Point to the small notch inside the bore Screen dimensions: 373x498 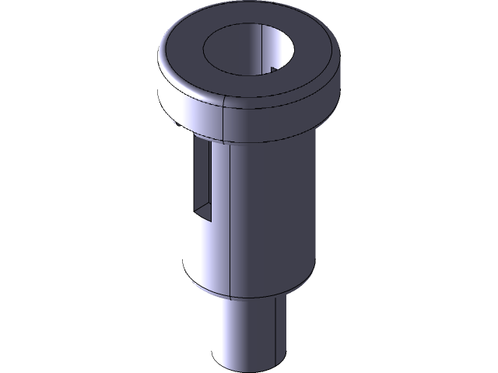pyautogui.click(x=274, y=71)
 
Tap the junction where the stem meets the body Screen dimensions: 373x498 pyautogui.click(x=245, y=299)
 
